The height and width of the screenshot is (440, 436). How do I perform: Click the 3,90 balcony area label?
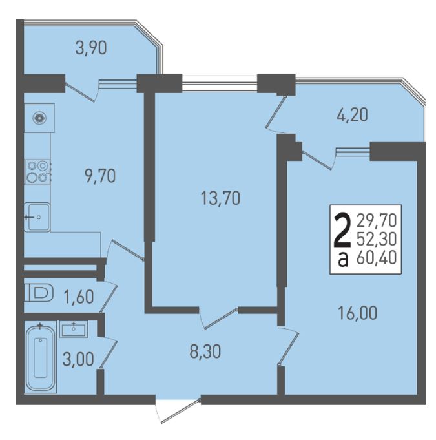[91, 48]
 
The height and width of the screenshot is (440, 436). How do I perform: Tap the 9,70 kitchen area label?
[100, 176]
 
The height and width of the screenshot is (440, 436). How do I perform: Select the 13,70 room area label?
[220, 198]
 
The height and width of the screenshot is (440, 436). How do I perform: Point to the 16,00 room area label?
[357, 313]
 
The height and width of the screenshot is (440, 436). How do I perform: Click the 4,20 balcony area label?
[352, 115]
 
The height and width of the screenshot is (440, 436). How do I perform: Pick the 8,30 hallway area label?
[205, 351]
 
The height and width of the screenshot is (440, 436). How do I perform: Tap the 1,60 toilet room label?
[78, 297]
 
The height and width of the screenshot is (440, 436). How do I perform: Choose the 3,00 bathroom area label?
[78, 359]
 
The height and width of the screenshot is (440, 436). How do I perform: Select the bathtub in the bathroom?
[41, 358]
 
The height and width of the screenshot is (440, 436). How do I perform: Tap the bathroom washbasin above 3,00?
[74, 330]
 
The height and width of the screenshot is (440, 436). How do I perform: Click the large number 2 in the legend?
[342, 230]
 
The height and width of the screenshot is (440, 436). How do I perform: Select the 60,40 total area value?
[376, 258]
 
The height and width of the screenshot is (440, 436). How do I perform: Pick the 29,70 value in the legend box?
[376, 220]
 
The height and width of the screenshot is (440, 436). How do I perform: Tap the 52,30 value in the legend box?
[376, 239]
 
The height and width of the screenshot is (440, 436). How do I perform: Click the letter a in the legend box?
[343, 260]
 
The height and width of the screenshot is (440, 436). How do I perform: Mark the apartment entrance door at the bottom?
[178, 410]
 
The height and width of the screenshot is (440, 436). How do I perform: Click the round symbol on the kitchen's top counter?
[39, 118]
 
